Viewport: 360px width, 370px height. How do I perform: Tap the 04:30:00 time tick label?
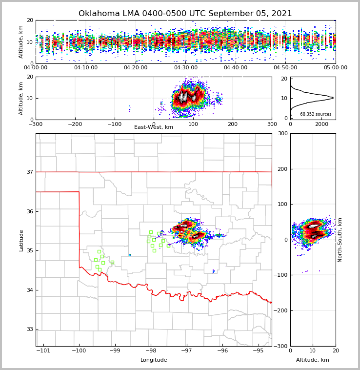click(x=186, y=68)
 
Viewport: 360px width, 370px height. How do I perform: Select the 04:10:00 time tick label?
click(x=86, y=68)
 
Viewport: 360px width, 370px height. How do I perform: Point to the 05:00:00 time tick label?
click(x=335, y=68)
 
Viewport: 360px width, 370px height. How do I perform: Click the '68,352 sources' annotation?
click(x=316, y=114)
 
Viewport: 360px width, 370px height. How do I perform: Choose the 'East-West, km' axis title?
click(x=154, y=127)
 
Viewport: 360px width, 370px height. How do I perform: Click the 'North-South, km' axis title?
click(x=340, y=240)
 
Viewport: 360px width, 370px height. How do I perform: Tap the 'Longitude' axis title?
click(x=154, y=360)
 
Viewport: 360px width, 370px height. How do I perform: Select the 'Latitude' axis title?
click(x=21, y=240)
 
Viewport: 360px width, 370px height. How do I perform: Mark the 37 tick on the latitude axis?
click(x=30, y=172)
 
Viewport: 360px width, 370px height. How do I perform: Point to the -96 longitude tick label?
click(x=222, y=351)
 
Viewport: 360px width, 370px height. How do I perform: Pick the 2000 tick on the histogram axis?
click(x=321, y=124)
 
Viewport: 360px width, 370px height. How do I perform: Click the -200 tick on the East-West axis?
click(x=75, y=124)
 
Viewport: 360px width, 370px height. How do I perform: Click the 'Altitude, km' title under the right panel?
click(x=313, y=360)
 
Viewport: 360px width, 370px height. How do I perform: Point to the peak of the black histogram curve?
click(x=333, y=98)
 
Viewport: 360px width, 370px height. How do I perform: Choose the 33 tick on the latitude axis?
click(x=30, y=329)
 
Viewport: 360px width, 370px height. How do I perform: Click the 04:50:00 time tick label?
click(x=285, y=68)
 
